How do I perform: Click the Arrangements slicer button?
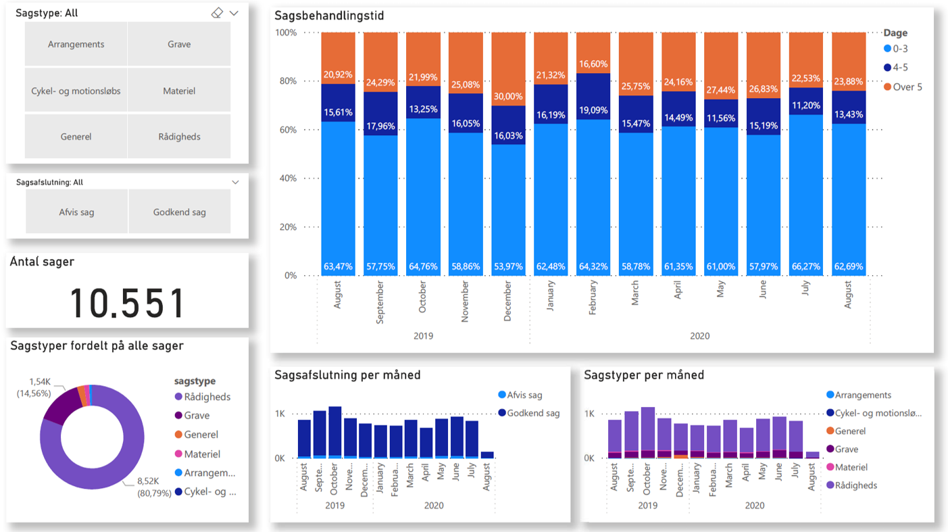tap(76, 45)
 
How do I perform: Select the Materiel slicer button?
tap(179, 91)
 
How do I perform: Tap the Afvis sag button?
tap(76, 212)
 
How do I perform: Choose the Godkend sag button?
tap(179, 212)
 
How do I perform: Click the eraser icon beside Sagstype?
tap(217, 13)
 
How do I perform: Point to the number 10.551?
tap(127, 303)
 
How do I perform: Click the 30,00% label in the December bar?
tap(508, 96)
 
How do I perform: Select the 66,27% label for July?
tap(806, 266)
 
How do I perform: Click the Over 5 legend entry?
tap(907, 87)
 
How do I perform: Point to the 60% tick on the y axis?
tap(289, 130)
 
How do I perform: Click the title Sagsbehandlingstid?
tap(329, 16)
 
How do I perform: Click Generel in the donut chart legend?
tap(201, 435)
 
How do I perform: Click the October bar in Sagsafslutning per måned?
tap(335, 433)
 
